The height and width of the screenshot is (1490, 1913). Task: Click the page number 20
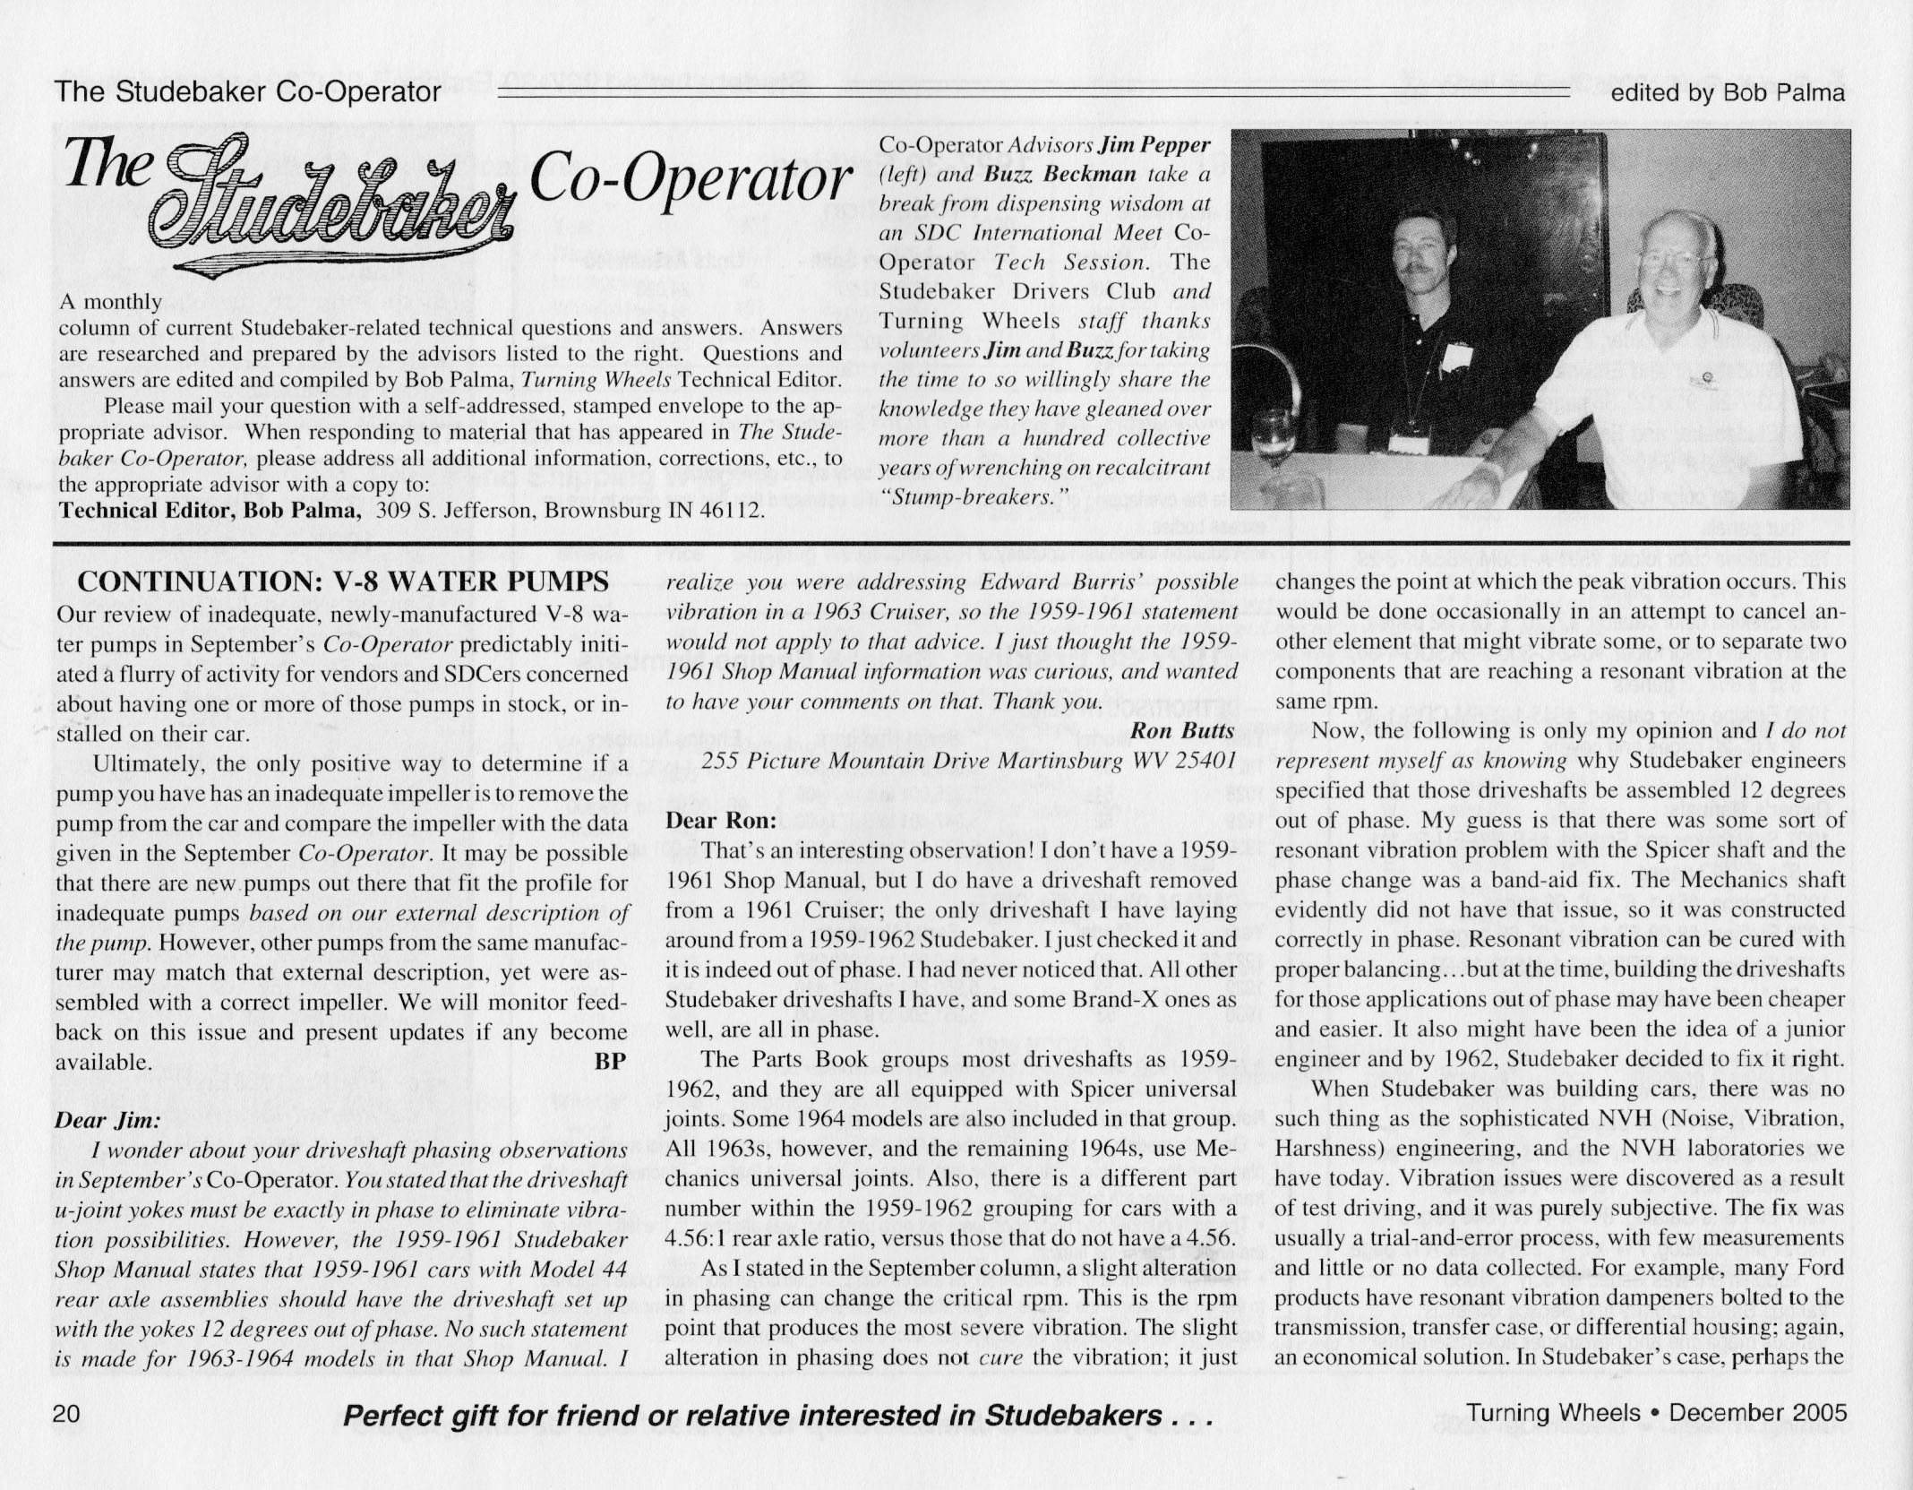click(x=68, y=1414)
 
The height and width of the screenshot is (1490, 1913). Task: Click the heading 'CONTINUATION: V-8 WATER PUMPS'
click(x=343, y=581)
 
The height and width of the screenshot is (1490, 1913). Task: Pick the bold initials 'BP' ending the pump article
click(x=609, y=1062)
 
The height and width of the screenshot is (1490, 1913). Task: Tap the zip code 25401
click(x=1201, y=761)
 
